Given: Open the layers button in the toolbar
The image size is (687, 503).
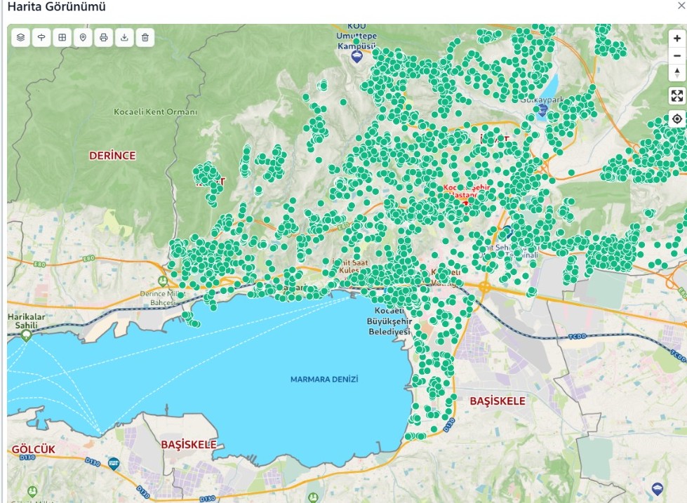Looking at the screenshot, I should point(21,37).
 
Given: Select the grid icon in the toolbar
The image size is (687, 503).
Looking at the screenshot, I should point(62,37).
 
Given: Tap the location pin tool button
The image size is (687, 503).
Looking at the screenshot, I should point(83,37).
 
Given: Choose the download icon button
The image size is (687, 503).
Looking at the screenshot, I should point(124,37).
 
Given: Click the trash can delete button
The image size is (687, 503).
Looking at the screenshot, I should point(145,37).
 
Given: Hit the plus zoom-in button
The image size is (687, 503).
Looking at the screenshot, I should point(676,39).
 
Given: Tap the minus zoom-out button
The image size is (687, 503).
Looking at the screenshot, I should point(676,56).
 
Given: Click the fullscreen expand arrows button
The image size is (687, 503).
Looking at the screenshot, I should point(676,96).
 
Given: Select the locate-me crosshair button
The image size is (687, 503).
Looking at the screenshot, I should point(676,119).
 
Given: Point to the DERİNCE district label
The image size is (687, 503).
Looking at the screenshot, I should point(112,156).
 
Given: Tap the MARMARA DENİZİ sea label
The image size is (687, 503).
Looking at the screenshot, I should point(324,380).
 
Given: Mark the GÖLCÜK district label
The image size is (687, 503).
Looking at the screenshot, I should point(33,449).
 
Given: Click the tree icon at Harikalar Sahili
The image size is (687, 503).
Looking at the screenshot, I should point(27,335).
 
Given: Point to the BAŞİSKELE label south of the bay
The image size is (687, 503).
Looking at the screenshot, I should point(189,445).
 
